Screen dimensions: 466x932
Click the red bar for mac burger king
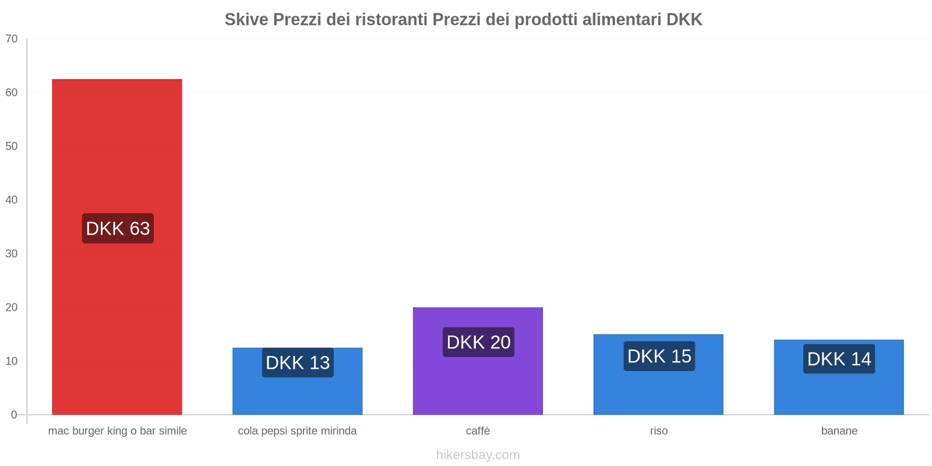point(116,146)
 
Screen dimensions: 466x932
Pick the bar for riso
point(658,390)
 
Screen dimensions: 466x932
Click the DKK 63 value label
point(118,228)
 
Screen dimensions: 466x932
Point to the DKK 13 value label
point(298,362)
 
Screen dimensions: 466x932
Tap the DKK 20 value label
point(478,342)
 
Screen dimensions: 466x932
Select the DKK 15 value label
point(659,356)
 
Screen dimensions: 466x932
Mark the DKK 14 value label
point(839,359)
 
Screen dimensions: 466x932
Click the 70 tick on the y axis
point(12,38)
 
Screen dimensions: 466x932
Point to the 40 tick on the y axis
point(12,200)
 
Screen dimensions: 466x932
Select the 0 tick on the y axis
point(14,415)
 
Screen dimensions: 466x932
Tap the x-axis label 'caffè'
point(478,431)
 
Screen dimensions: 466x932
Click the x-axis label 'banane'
point(839,431)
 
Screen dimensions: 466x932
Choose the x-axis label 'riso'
point(659,431)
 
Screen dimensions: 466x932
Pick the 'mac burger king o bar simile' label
point(117,431)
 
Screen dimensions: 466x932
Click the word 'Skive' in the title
point(246,20)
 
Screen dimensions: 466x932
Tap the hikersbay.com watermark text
point(478,455)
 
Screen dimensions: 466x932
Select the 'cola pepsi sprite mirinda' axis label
point(297,431)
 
